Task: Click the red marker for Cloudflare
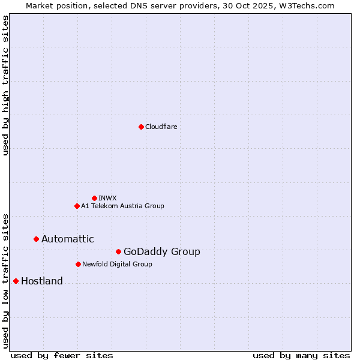(x=141, y=127)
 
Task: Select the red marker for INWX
(x=94, y=198)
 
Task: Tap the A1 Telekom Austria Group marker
(x=77, y=206)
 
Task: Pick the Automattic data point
(x=36, y=239)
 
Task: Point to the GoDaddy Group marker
(x=118, y=251)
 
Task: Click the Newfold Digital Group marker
(x=78, y=264)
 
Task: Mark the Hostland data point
(x=16, y=281)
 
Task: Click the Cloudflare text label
(x=161, y=127)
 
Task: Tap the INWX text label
(x=107, y=198)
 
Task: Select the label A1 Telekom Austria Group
(x=122, y=206)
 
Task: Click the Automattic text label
(x=67, y=239)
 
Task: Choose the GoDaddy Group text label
(x=161, y=251)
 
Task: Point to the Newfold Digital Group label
(x=117, y=264)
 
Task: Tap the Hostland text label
(x=41, y=281)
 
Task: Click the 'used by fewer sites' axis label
(x=62, y=355)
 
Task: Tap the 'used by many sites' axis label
(x=301, y=355)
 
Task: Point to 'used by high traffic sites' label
(x=5, y=85)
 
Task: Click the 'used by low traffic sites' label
(x=5, y=280)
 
